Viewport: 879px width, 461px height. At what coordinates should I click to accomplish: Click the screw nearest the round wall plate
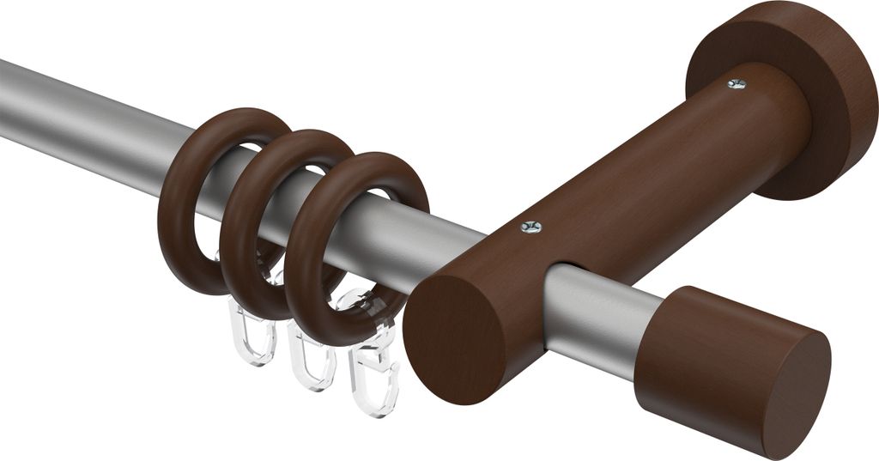click(x=737, y=83)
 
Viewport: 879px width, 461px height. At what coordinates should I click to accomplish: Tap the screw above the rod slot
click(x=531, y=227)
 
